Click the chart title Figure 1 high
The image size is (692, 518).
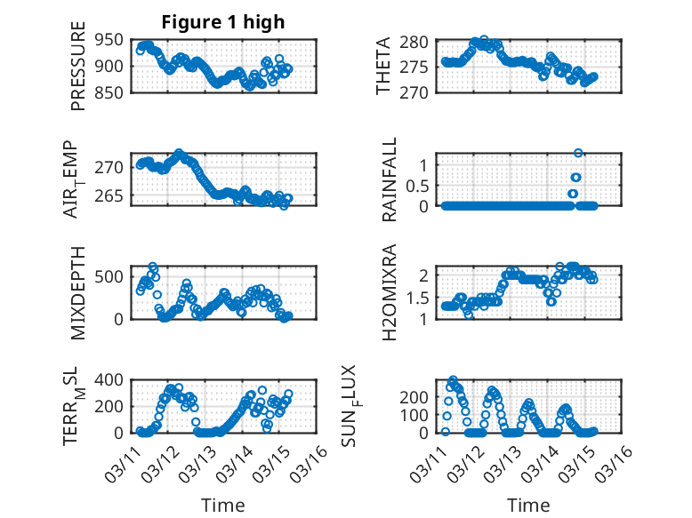click(223, 22)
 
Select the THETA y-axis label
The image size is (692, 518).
click(383, 67)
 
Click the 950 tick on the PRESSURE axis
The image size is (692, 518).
click(115, 41)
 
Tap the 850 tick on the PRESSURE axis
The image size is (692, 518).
click(115, 92)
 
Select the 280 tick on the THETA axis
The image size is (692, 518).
click(419, 42)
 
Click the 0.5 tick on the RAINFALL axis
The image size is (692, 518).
click(417, 186)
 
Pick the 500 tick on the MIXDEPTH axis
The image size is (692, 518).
click(115, 276)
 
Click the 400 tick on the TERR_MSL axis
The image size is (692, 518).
click(115, 379)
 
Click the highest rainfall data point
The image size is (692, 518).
click(578, 154)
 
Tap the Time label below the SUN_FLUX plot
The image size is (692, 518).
click(528, 506)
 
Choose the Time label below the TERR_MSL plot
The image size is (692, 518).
click(223, 506)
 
